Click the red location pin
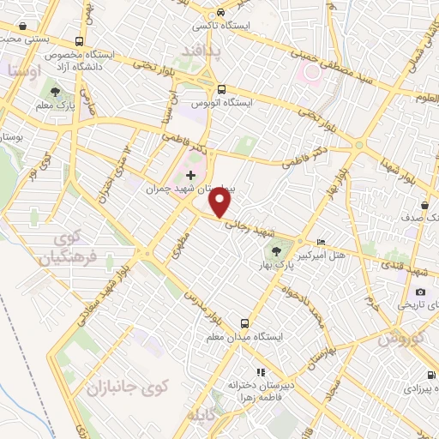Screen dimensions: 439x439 click(x=221, y=202)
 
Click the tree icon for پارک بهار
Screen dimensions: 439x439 click(x=276, y=251)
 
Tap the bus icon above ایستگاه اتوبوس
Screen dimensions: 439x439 click(x=221, y=89)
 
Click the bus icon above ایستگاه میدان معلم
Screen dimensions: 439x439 click(x=245, y=323)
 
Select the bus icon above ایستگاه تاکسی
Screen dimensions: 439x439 click(x=221, y=13)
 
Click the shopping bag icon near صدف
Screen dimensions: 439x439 click(x=426, y=205)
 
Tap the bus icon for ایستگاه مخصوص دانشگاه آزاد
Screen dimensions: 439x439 click(x=80, y=40)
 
